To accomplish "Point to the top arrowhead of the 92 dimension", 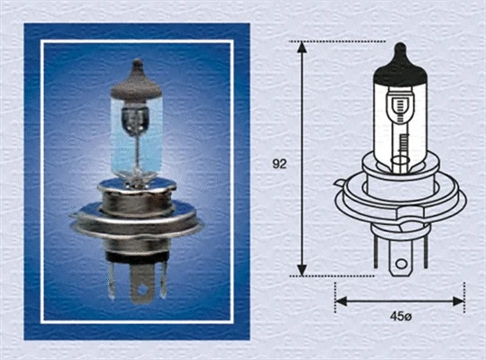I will (302, 46).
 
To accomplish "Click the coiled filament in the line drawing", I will (402, 144).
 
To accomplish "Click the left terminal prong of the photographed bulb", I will (111, 274).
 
